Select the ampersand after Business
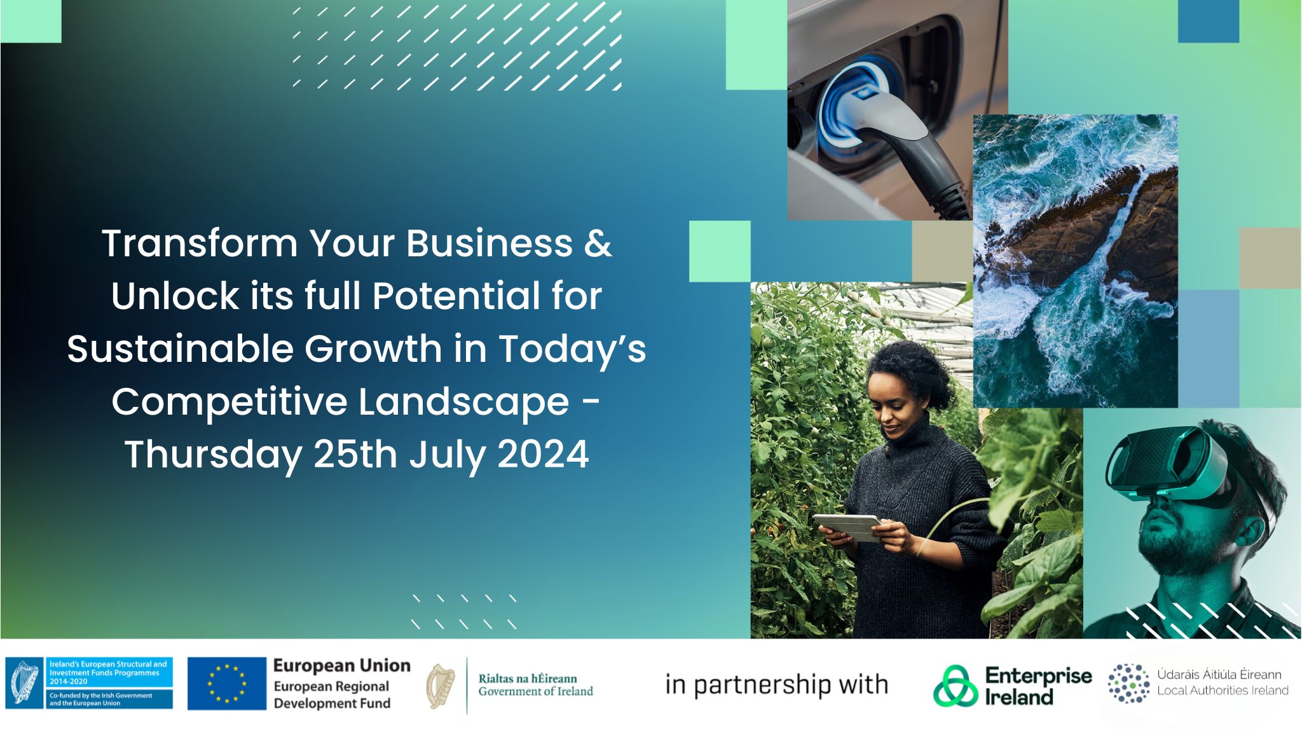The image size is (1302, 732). pyautogui.click(x=598, y=244)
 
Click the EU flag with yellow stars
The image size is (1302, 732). pyautogui.click(x=226, y=684)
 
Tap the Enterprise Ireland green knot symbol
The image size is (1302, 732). pyautogui.click(x=955, y=686)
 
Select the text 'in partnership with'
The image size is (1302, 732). pyautogui.click(x=776, y=685)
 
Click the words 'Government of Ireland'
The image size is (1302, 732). pyautogui.click(x=535, y=692)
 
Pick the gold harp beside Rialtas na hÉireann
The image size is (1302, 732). pyautogui.click(x=441, y=686)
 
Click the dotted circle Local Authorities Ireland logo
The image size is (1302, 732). pyautogui.click(x=1128, y=684)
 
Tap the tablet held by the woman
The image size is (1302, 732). pyautogui.click(x=847, y=527)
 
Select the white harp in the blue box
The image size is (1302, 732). pyautogui.click(x=25, y=683)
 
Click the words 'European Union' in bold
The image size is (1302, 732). pyautogui.click(x=341, y=666)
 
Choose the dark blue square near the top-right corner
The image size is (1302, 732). pyautogui.click(x=1208, y=21)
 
